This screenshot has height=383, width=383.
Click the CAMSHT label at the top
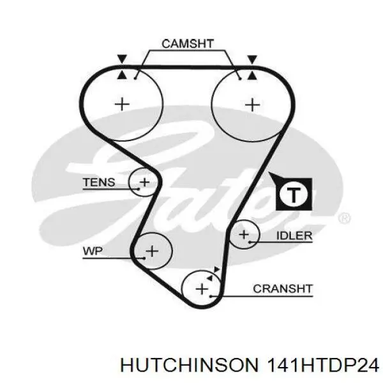pos(188,43)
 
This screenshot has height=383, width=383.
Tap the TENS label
pos(99,182)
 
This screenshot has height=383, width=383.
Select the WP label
pos(93,251)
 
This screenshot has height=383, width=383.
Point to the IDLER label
pos(294,236)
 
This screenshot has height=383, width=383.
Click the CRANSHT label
pos(283,289)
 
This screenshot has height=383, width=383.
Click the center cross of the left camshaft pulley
pos(122,105)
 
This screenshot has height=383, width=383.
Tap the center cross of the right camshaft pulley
pos(252,105)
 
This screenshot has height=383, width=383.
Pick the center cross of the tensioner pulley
pos(144,182)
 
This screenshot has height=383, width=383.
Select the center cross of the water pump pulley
pos(152,251)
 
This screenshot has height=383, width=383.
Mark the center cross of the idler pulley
pos(244,234)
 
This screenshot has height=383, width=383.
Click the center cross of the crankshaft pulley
pos(202,289)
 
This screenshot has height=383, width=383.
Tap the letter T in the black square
pos(294,195)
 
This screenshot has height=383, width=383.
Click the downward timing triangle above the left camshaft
pos(122,59)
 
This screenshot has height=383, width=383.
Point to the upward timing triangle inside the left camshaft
pos(122,75)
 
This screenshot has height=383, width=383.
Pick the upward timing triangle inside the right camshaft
pos(252,75)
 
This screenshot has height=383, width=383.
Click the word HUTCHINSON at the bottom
pos(190,366)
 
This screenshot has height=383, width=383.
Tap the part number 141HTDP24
pos(323,366)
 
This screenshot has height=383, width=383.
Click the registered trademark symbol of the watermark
pos(344,218)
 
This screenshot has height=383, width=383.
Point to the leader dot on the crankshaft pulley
pos(211,297)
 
